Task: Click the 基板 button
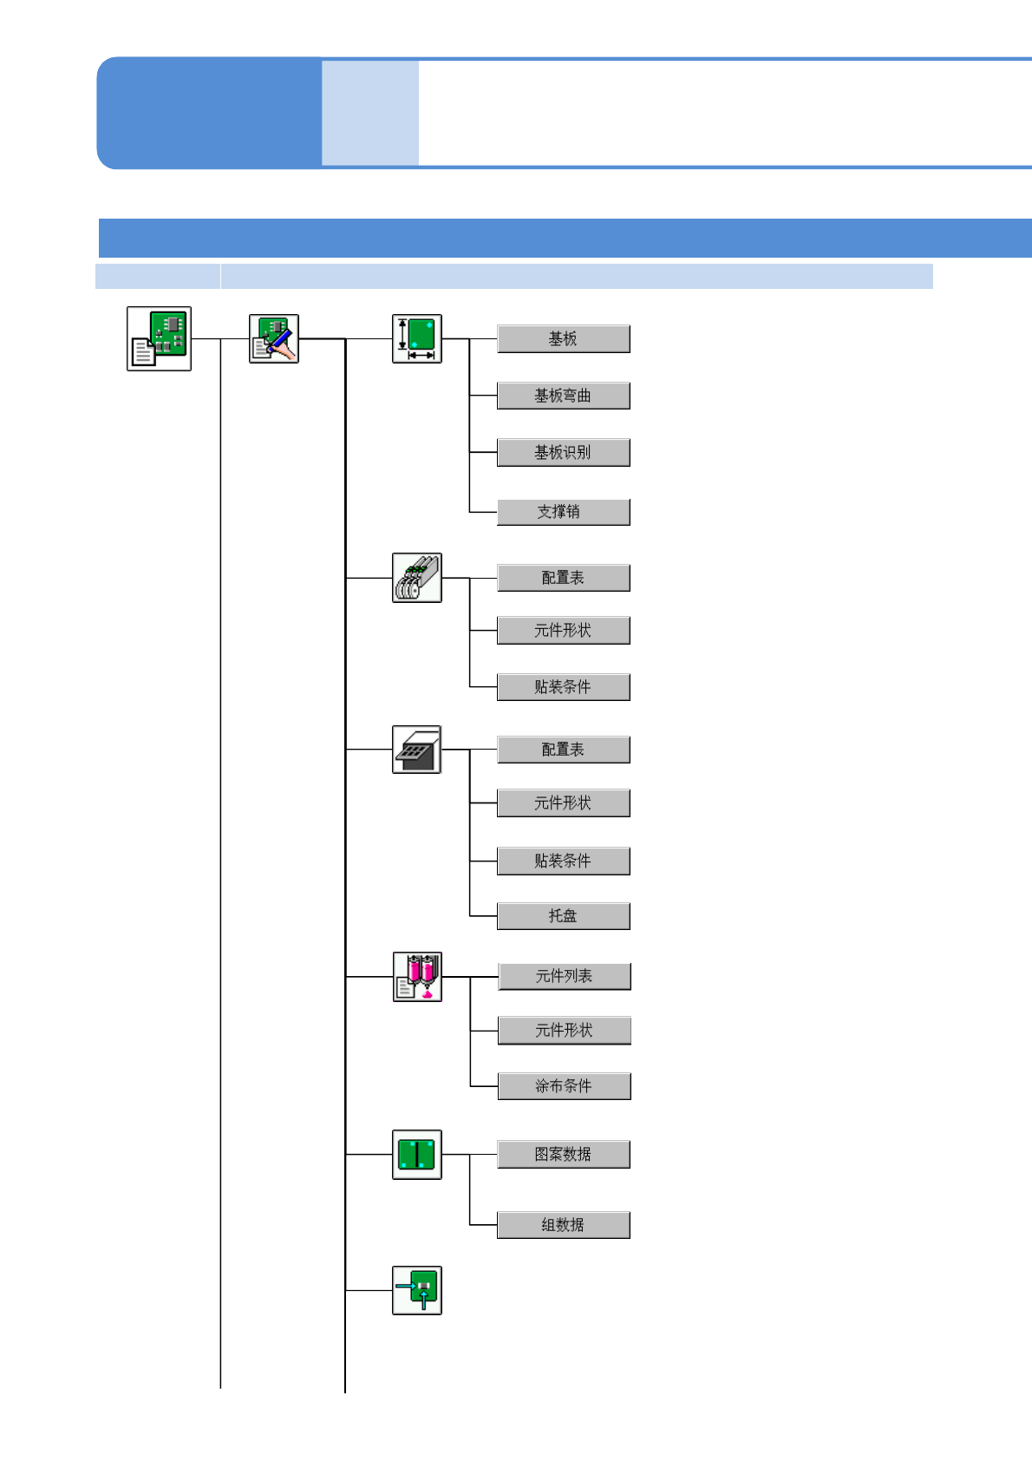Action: click(563, 338)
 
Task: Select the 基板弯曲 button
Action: click(563, 396)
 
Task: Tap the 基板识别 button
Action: click(563, 452)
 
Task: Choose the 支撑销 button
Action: click(563, 512)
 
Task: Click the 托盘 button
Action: click(563, 915)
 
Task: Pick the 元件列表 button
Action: click(564, 976)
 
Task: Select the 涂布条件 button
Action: click(564, 1085)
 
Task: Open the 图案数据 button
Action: click(563, 1154)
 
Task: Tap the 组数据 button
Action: click(563, 1224)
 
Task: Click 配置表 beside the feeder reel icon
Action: click(563, 578)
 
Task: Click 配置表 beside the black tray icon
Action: click(563, 750)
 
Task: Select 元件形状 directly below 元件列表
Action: click(564, 1030)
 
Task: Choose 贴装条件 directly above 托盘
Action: click(563, 861)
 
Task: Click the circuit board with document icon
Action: click(159, 338)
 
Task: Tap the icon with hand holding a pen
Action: click(274, 338)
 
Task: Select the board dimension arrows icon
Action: click(417, 338)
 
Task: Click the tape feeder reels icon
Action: click(417, 578)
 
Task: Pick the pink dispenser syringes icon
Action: click(417, 976)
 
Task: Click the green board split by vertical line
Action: click(417, 1154)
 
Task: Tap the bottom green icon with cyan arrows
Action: click(417, 1290)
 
